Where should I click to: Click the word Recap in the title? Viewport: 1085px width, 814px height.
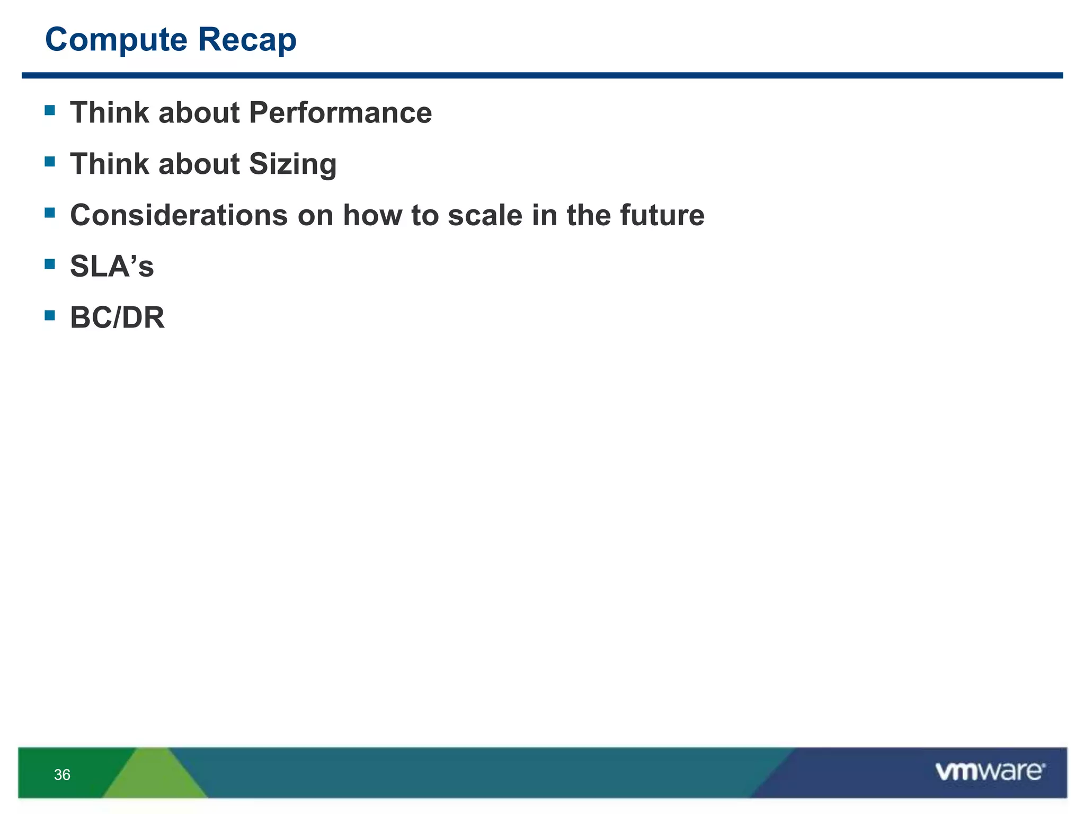[247, 40]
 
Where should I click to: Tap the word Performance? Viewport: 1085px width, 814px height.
[340, 113]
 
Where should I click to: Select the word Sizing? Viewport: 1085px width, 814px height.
[292, 164]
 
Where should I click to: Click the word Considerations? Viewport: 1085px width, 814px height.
[179, 215]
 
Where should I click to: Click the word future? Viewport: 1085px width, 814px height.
[662, 215]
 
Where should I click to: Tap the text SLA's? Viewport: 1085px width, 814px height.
[112, 266]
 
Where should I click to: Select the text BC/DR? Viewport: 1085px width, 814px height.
[117, 317]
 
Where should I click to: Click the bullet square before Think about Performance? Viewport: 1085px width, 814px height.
[50, 110]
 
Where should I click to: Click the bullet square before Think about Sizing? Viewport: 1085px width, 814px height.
[50, 162]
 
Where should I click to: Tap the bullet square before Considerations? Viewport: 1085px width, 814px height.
[50, 213]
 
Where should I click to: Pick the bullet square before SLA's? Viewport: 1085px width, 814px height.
[50, 264]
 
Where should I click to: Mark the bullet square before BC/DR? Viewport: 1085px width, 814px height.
[50, 315]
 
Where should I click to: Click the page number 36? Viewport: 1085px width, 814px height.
[62, 775]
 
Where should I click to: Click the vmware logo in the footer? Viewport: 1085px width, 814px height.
[990, 772]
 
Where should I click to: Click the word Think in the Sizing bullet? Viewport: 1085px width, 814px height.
[110, 164]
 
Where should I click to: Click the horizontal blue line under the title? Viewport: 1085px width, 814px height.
[542, 75]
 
